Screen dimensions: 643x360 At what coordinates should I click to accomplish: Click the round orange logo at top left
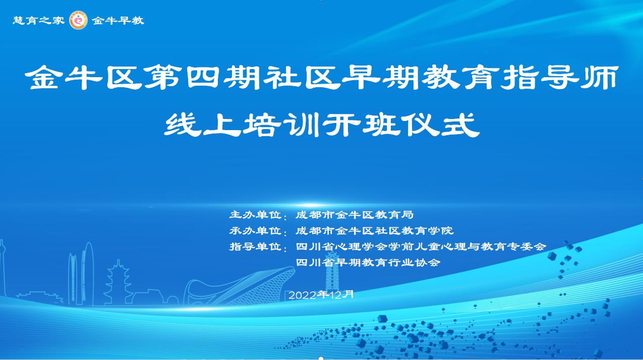click(x=78, y=20)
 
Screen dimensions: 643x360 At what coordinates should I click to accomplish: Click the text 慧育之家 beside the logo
click(x=38, y=20)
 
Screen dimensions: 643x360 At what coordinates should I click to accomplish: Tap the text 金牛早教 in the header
click(x=118, y=20)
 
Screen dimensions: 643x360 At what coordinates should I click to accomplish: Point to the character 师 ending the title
click(x=600, y=78)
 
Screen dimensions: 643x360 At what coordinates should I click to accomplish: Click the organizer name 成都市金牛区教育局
click(x=355, y=215)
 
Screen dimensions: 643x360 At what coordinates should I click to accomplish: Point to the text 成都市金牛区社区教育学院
click(x=375, y=230)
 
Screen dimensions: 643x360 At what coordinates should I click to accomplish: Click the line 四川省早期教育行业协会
click(x=368, y=262)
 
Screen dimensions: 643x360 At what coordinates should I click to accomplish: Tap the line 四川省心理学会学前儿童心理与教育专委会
click(x=421, y=247)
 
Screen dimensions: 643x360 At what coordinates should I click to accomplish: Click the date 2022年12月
click(x=321, y=294)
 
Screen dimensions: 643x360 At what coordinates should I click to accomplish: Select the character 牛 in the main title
click(x=84, y=78)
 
